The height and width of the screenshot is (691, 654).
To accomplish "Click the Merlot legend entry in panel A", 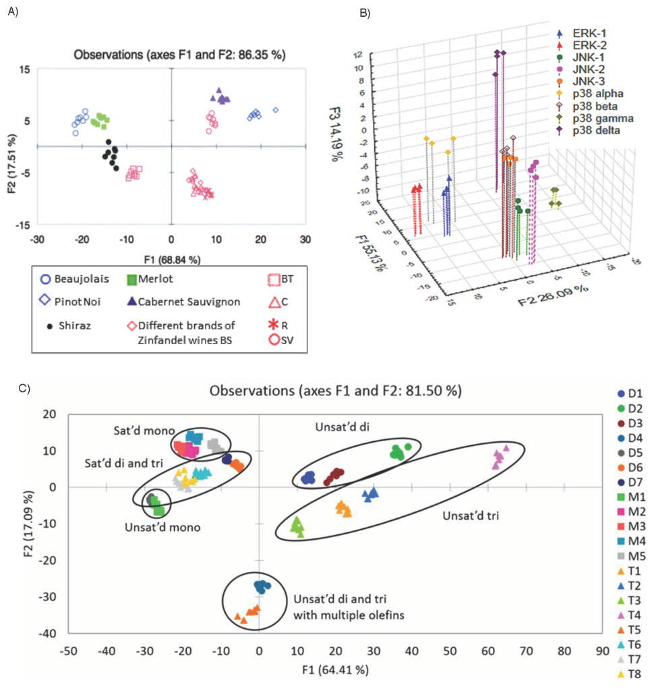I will [153, 279].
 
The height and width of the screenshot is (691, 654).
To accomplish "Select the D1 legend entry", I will [626, 393].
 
